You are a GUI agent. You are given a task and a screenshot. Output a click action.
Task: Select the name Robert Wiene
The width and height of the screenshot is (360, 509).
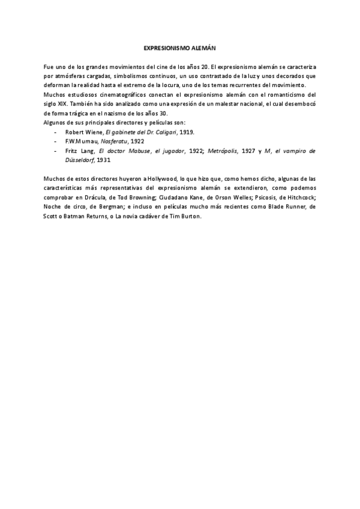pos(84,131)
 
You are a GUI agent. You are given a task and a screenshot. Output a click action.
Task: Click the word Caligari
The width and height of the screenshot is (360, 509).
pos(169,131)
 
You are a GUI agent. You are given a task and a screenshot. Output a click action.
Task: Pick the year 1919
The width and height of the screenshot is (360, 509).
pos(188,131)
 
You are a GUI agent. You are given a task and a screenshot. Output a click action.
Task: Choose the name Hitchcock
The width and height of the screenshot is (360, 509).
pos(299,197)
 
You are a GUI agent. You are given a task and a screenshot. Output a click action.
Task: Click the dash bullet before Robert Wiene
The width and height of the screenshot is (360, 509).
pos(56,131)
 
